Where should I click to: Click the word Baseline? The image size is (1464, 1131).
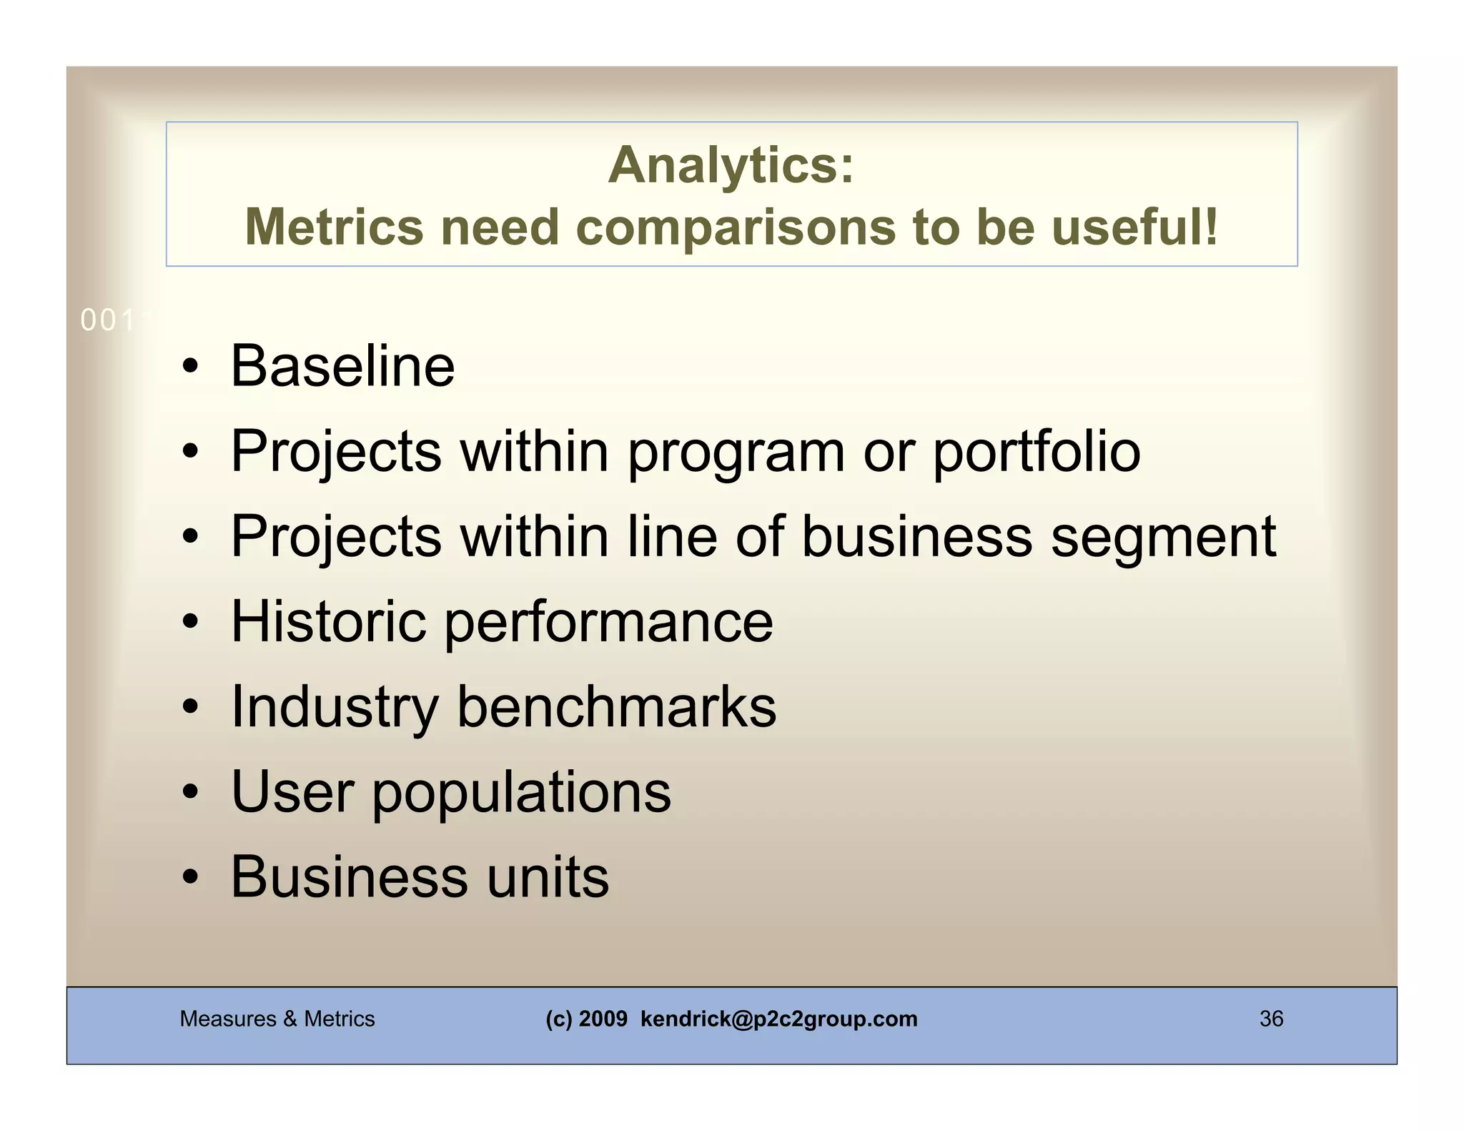(342, 366)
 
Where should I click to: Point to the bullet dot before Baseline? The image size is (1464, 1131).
(189, 367)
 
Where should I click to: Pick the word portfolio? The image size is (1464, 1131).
(1037, 452)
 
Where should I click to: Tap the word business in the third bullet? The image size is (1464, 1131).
(916, 536)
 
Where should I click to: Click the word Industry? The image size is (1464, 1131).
(335, 708)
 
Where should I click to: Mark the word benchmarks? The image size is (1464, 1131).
(616, 706)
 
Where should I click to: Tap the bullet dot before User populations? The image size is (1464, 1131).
(189, 792)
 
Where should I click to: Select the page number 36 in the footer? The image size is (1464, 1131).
(1271, 1019)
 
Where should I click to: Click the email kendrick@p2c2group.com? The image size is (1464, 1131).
(778, 1019)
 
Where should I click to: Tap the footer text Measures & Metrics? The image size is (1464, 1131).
(277, 1019)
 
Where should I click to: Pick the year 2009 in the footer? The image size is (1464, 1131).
(603, 1019)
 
